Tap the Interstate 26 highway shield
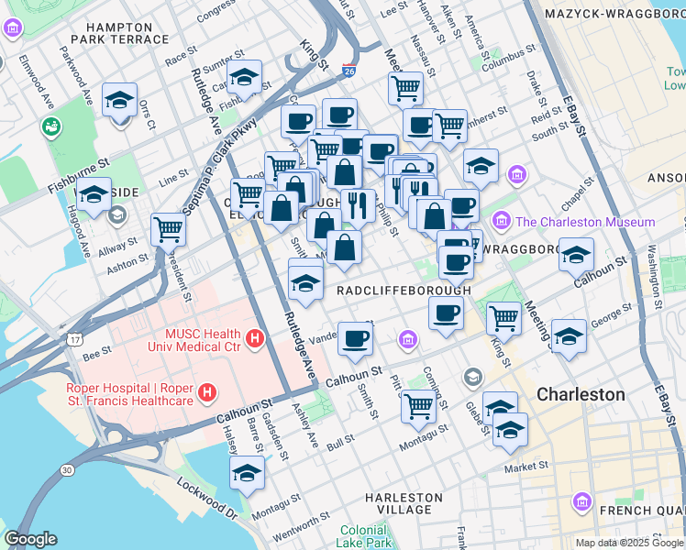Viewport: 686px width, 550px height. point(349,70)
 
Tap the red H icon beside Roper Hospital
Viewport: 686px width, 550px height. point(208,392)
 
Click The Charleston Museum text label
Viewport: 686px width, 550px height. point(585,222)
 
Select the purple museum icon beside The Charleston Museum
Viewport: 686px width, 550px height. point(502,221)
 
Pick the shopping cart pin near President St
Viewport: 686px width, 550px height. point(168,227)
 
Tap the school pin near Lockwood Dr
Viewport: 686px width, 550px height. point(247,472)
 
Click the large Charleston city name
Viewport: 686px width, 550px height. point(581,394)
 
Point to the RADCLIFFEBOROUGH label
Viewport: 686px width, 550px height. point(404,290)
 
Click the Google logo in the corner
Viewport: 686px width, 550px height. point(30,539)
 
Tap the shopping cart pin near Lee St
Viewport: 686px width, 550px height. point(405,88)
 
